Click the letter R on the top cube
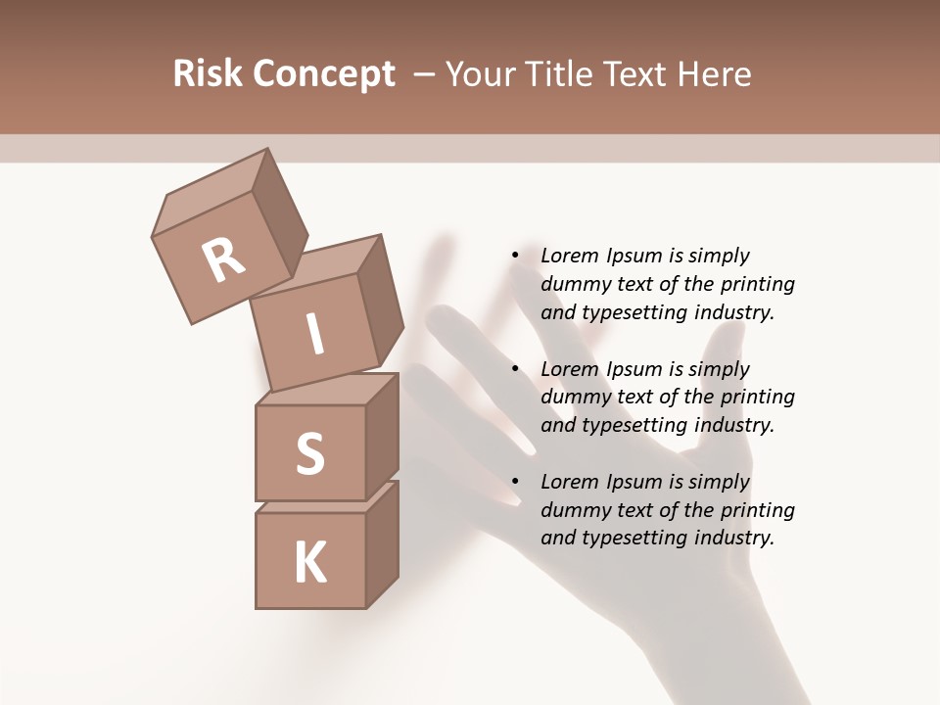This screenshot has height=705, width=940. pyautogui.click(x=223, y=260)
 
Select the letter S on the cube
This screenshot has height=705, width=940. pyautogui.click(x=309, y=454)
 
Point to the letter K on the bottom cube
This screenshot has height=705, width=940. pyautogui.click(x=309, y=562)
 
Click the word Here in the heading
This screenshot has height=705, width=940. pyautogui.click(x=716, y=74)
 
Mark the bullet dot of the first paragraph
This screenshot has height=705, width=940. pyautogui.click(x=515, y=257)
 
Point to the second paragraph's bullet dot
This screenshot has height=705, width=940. pyautogui.click(x=515, y=370)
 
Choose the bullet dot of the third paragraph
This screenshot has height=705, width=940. pyautogui.click(x=515, y=483)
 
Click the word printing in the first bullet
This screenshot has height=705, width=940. pyautogui.click(x=757, y=285)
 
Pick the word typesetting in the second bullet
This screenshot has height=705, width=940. pyautogui.click(x=633, y=426)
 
